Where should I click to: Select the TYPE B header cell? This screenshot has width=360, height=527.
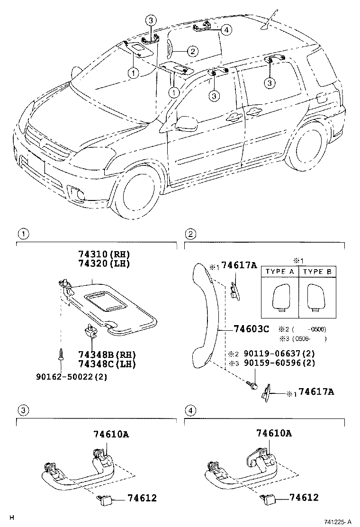pos(317,272)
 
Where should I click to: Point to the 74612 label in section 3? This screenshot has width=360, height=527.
pos(142,498)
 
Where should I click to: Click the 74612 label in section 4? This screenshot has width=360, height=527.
pos(304,498)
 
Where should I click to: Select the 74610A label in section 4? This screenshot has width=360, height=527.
pos(274,433)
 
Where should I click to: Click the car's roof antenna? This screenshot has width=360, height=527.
pos(269,21)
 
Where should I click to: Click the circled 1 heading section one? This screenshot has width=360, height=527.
pos(21,234)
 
